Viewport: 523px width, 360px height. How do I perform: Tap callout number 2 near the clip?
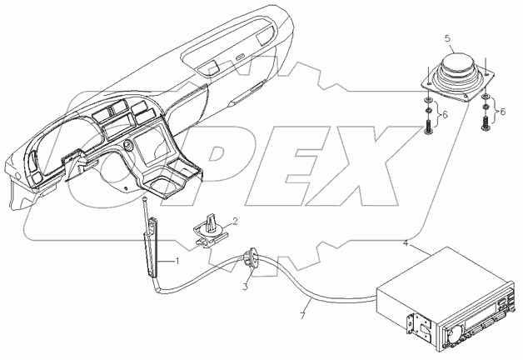tap(235, 222)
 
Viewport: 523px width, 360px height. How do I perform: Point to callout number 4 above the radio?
tap(406, 244)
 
